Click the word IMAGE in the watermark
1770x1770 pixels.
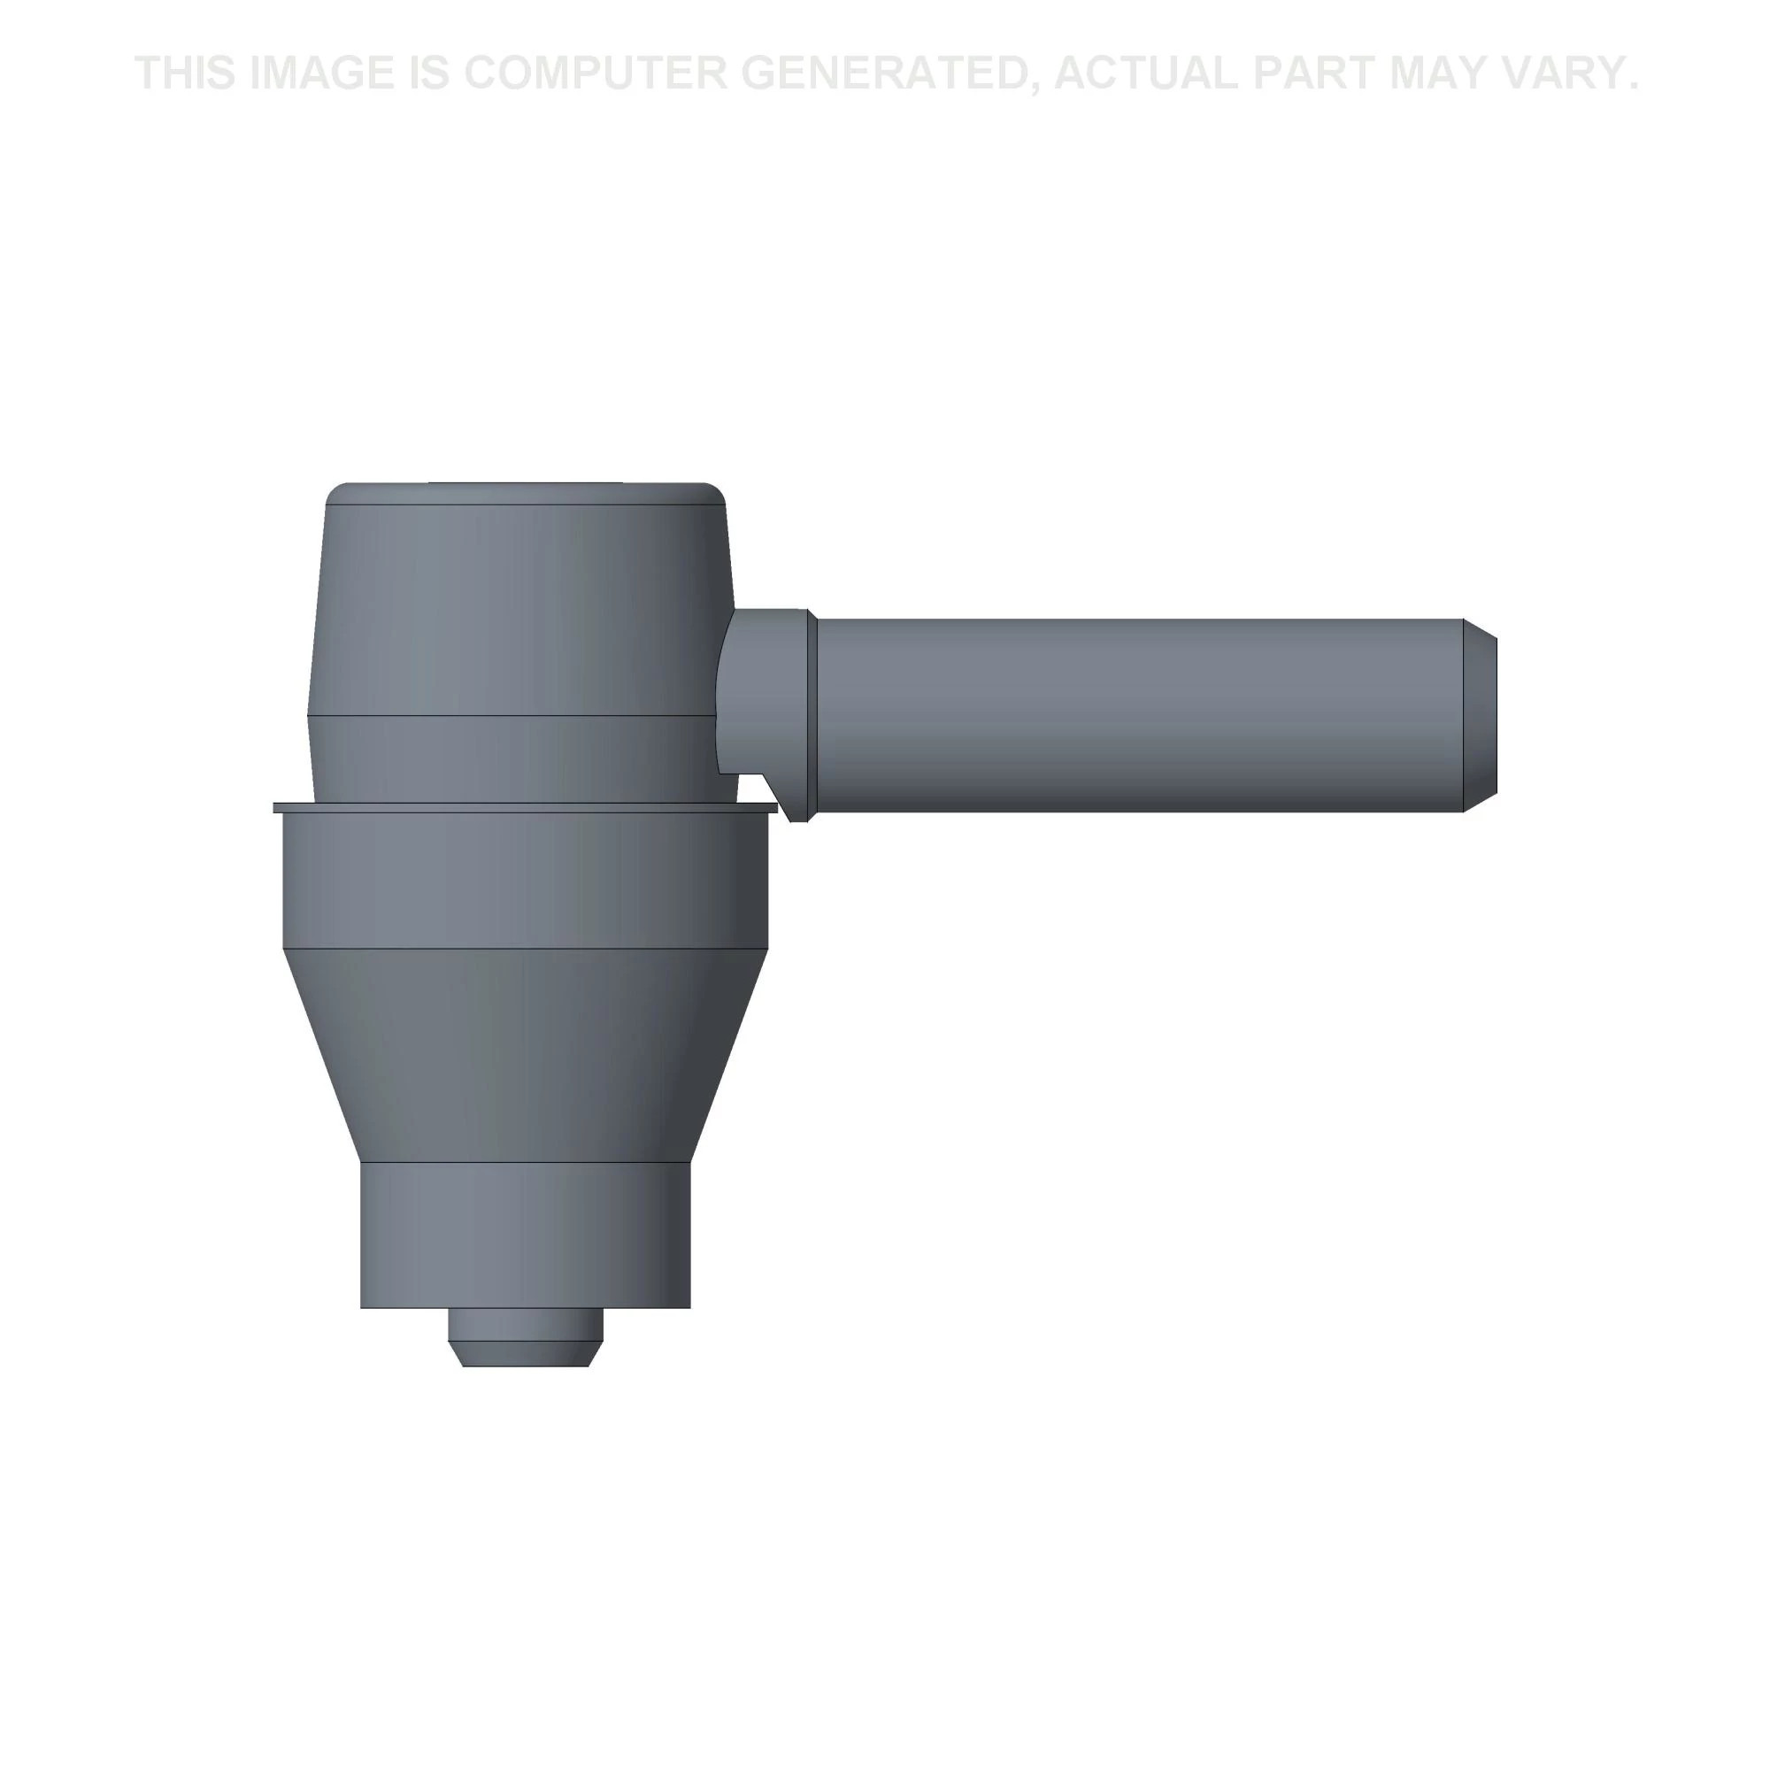(x=319, y=73)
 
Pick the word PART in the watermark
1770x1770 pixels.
(x=1312, y=73)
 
